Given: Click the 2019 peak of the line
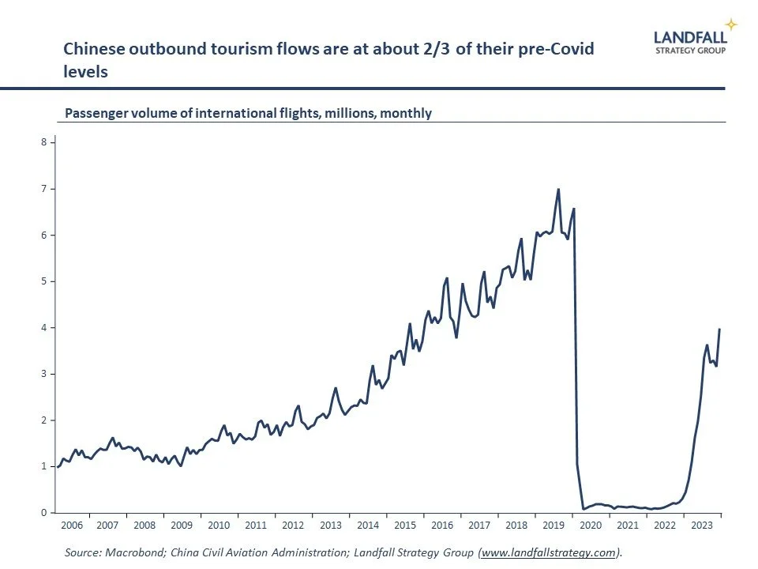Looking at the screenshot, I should (558, 189).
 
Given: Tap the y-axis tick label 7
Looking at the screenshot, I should (45, 189).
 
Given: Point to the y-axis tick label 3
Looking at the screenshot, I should (45, 374).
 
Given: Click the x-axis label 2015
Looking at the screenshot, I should (405, 526).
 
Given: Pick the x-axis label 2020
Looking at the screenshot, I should (591, 526).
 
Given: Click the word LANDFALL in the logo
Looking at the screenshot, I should (690, 36).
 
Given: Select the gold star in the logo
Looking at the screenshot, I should (731, 24).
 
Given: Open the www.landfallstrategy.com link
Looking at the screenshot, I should (548, 553).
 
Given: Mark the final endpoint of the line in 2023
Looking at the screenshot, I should (719, 330).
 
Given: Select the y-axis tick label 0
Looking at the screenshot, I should (45, 513).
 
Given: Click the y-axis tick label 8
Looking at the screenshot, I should (45, 142).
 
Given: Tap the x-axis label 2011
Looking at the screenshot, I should (256, 526).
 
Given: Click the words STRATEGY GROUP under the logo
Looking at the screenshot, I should (691, 49).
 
